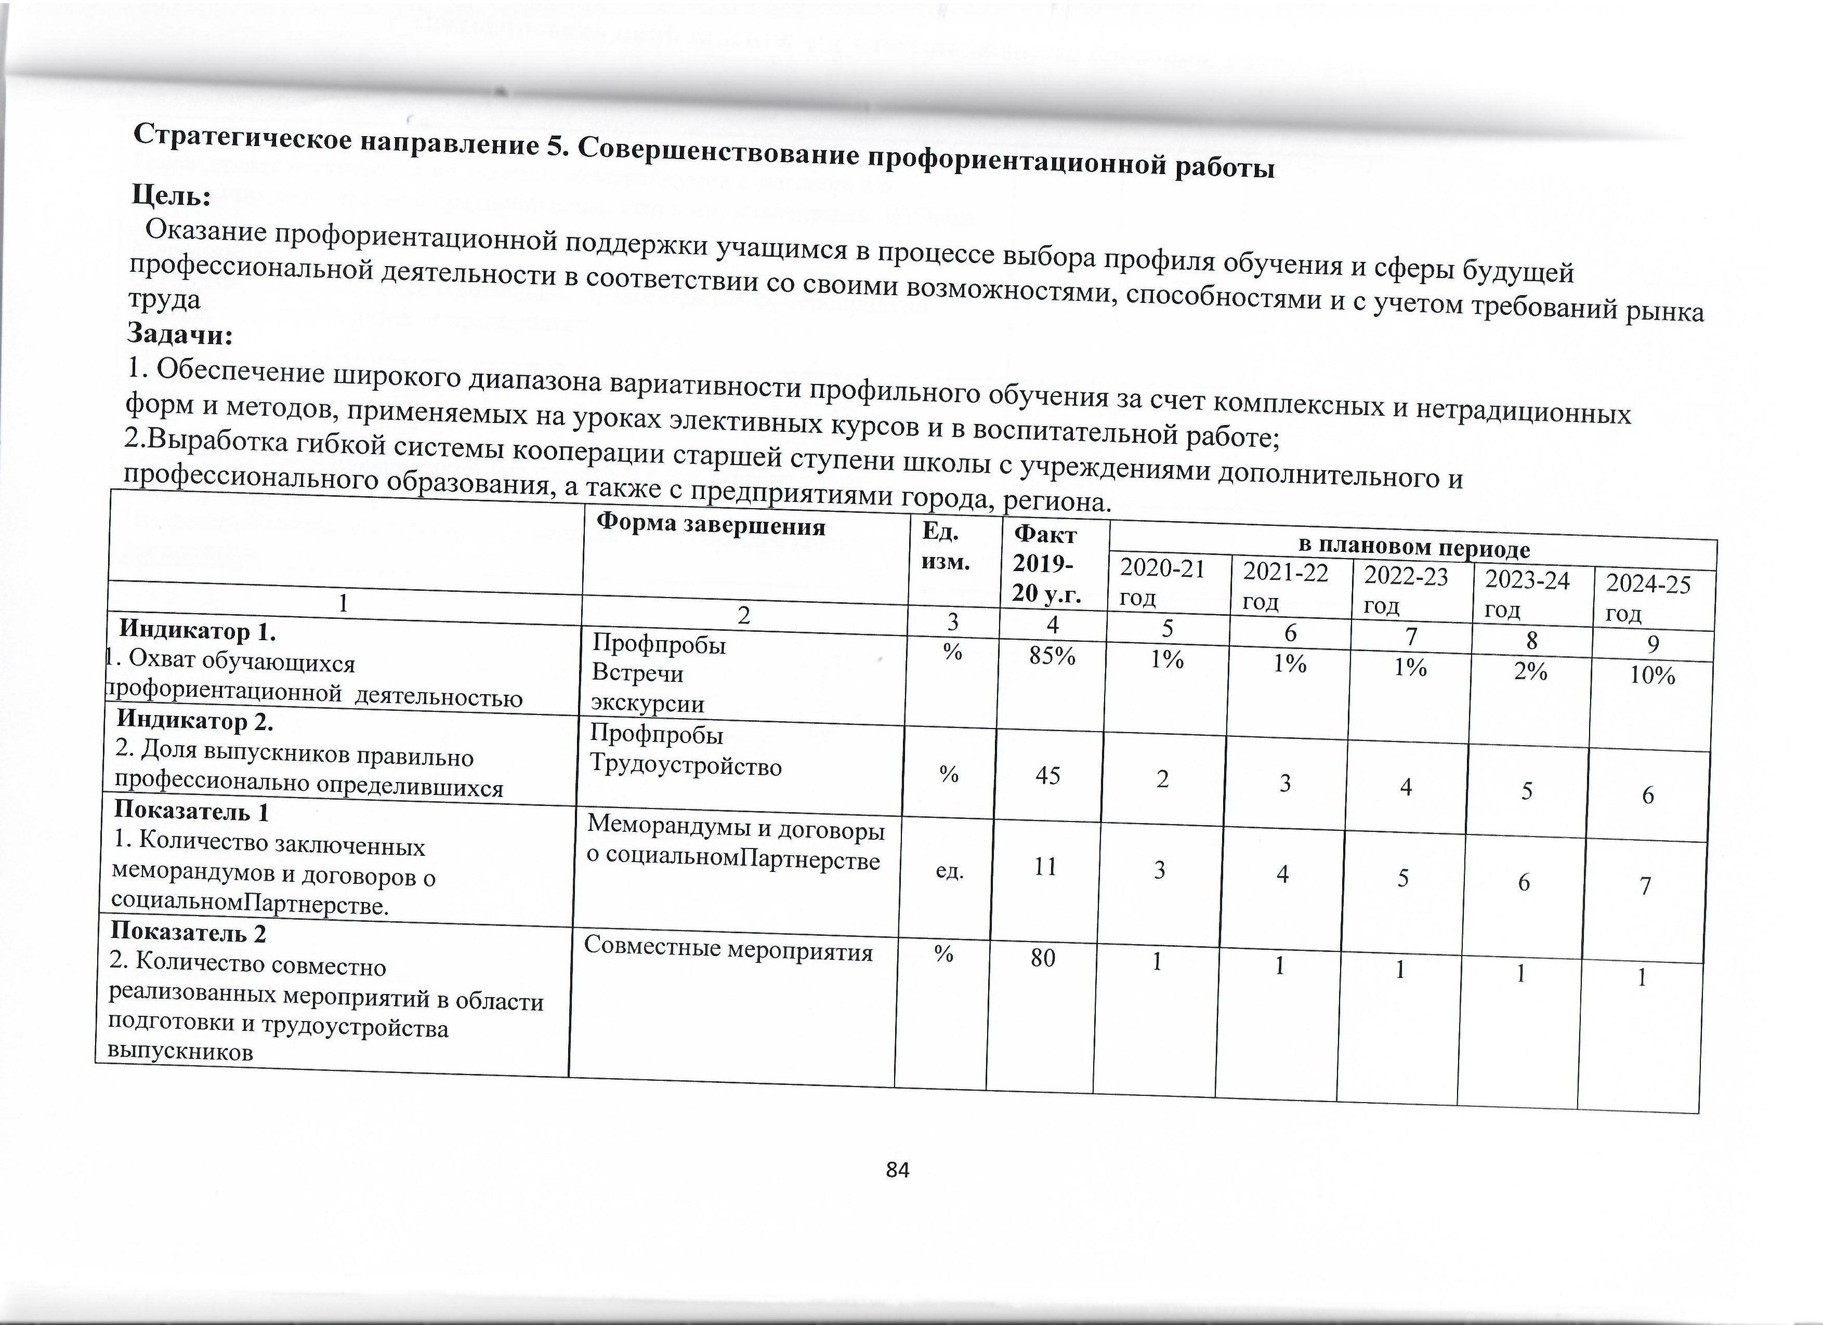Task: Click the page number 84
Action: pos(897,1170)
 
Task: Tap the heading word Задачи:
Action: pos(180,334)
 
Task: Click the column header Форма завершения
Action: pos(711,527)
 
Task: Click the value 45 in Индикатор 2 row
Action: pos(1047,775)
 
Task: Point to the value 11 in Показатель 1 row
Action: pos(1045,867)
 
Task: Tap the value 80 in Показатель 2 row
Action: pos(1043,958)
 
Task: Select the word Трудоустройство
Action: pos(686,766)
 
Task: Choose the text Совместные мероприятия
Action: pos(727,950)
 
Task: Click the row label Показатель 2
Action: pos(188,932)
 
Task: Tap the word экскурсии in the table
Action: pos(647,704)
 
